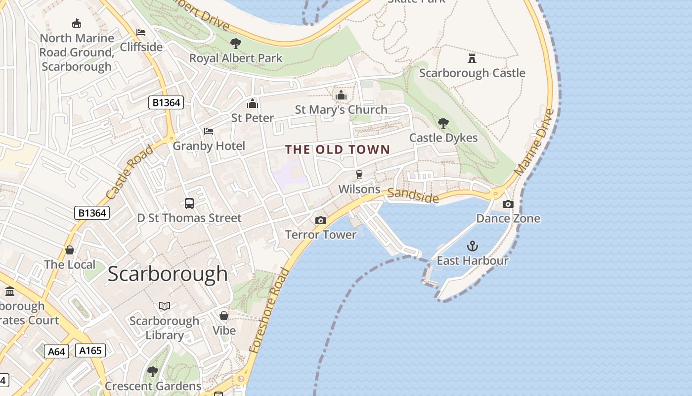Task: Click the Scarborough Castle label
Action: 472,73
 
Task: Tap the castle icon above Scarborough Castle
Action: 472,58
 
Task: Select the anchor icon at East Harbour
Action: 473,246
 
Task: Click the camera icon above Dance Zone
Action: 508,204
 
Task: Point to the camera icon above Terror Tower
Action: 321,220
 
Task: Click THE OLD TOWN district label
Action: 338,149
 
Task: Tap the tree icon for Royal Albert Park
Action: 236,44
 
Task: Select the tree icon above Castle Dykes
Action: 443,123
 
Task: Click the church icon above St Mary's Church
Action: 341,95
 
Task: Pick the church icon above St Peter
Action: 253,103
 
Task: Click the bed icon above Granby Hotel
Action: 209,131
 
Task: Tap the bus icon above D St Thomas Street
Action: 189,203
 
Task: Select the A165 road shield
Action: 90,350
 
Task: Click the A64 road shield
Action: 56,351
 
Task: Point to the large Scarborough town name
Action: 168,274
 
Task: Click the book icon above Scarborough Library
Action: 165,306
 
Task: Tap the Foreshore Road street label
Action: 269,310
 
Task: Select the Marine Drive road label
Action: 534,142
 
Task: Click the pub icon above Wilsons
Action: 359,175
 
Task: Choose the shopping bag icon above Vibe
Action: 224,315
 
